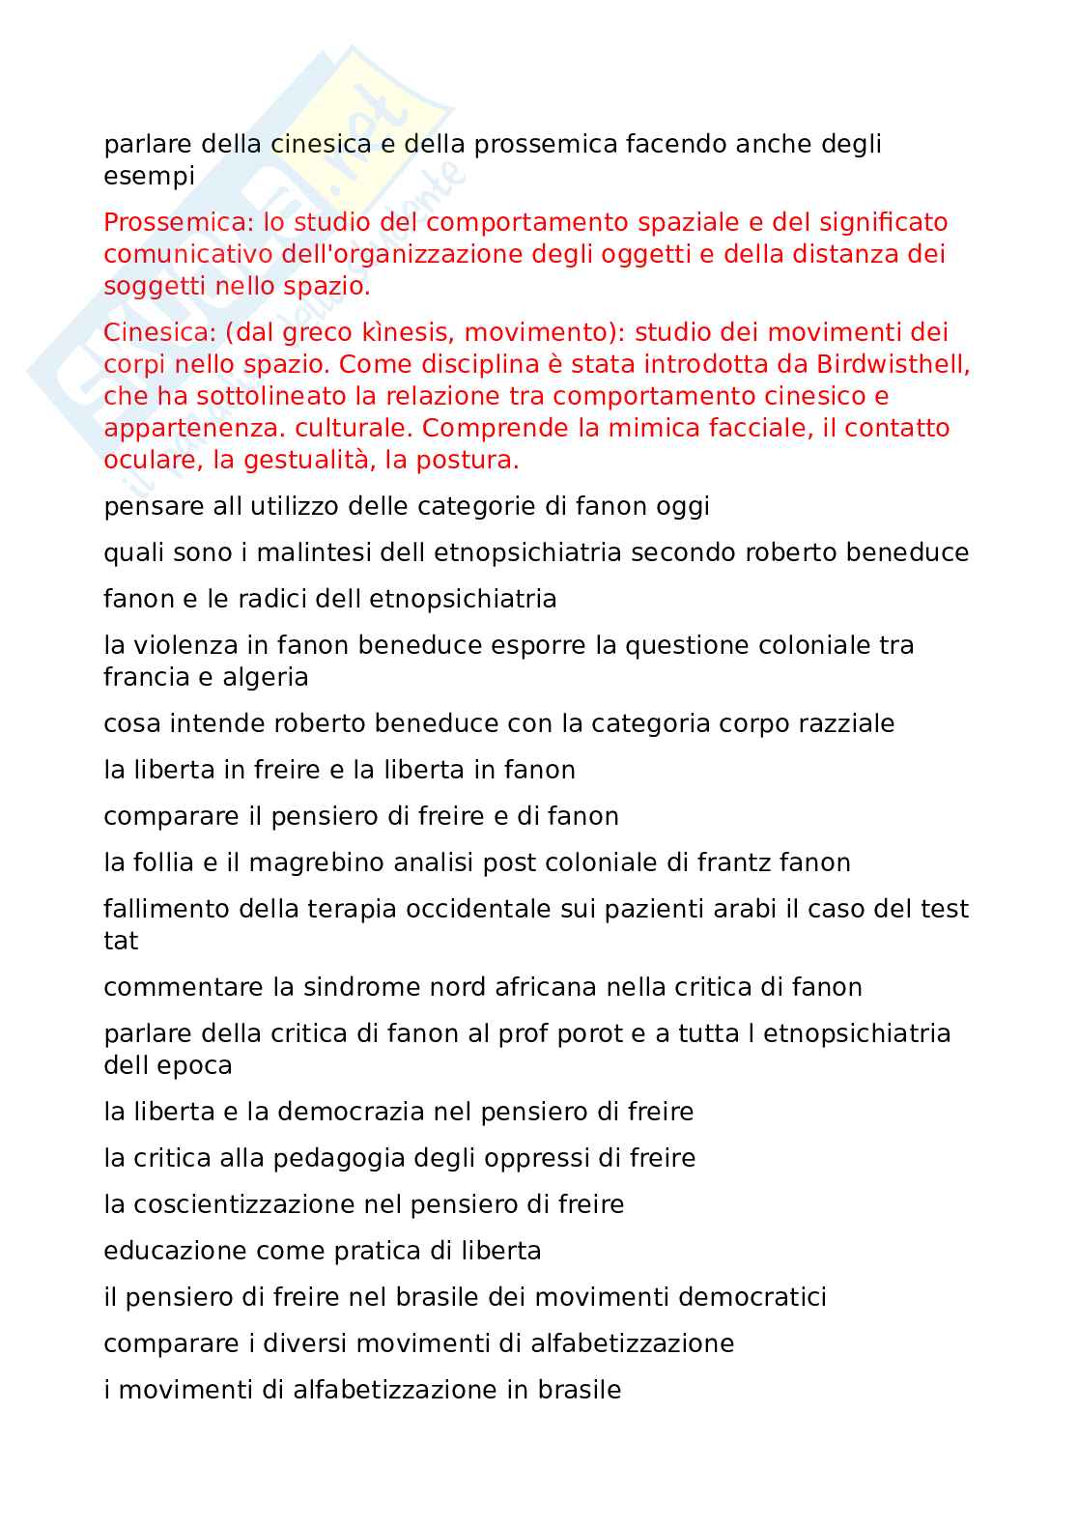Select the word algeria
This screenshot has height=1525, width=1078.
click(x=266, y=678)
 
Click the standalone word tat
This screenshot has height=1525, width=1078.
click(x=121, y=942)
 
